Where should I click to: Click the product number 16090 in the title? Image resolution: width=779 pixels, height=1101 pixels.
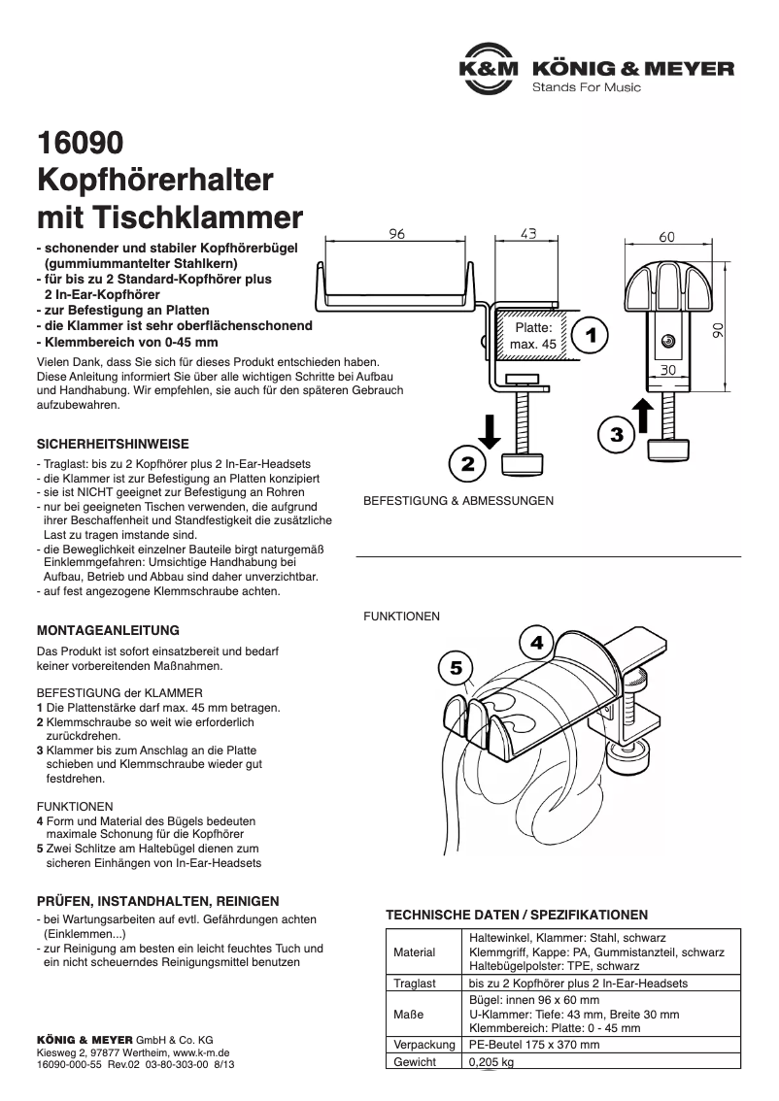80,144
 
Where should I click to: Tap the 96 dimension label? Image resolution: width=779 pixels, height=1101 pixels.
396,234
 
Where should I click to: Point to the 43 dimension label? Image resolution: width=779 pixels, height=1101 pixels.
528,234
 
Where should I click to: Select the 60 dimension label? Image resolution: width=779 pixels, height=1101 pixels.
666,237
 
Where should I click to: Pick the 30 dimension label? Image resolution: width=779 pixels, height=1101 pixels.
668,370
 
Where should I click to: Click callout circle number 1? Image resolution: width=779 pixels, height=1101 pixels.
590,335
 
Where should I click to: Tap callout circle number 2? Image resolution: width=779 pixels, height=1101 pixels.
467,464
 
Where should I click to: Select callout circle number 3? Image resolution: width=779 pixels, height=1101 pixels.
616,433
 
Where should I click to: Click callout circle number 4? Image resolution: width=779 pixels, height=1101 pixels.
537,643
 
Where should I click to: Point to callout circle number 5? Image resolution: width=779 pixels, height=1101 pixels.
456,668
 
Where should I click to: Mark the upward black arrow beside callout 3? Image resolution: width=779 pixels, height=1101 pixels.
642,417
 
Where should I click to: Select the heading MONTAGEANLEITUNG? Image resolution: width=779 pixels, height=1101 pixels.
107,630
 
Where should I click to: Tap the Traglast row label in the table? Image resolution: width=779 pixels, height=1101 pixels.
414,984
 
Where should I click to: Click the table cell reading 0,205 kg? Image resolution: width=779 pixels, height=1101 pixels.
491,1062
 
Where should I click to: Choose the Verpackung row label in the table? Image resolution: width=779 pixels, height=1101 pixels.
424,1045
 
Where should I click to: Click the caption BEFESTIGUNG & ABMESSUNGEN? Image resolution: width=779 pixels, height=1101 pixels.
457,501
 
